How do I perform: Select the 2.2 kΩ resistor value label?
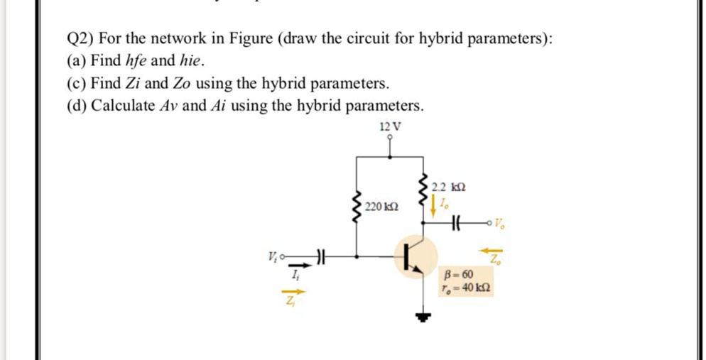(x=449, y=187)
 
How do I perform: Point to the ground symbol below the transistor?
(x=424, y=316)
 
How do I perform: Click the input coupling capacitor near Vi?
(x=321, y=253)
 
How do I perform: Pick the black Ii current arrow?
(x=297, y=266)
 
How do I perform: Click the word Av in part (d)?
(x=164, y=106)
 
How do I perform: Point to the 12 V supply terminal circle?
(x=389, y=138)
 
